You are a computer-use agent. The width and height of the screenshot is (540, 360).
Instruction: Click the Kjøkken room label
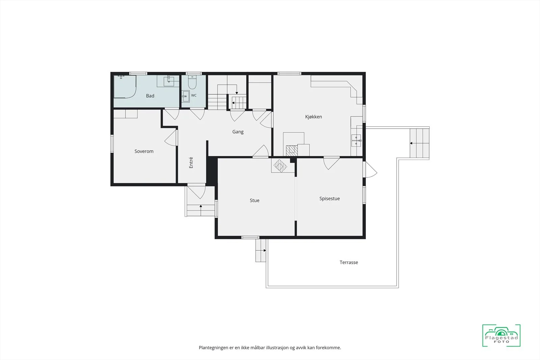point(314,117)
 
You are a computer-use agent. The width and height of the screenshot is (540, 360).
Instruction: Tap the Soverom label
point(144,151)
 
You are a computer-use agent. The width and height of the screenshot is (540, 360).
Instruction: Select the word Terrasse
point(349,262)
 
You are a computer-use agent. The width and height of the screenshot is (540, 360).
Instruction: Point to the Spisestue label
point(329,198)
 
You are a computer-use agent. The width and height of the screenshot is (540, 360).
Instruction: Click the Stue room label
point(254,200)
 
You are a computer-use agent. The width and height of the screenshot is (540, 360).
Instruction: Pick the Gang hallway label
point(238,132)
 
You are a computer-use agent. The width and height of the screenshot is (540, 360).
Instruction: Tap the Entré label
point(191,162)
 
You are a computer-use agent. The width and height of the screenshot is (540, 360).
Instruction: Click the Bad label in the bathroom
point(150,96)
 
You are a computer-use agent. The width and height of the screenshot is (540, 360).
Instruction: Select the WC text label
point(194,95)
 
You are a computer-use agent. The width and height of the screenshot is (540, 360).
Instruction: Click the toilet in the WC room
point(192,82)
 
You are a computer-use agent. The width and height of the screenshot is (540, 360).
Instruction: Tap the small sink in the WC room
point(186,96)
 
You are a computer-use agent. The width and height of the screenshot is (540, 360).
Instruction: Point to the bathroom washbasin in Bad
point(169,81)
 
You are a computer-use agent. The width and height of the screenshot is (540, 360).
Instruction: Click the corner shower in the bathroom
point(125,87)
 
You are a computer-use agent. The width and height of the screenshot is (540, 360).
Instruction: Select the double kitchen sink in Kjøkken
point(356,140)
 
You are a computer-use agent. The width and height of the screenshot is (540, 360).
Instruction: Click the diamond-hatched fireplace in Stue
point(280,166)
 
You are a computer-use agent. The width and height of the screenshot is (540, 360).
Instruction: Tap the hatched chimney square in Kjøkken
point(292,150)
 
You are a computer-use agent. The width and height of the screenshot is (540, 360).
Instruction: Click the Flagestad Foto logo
point(501,335)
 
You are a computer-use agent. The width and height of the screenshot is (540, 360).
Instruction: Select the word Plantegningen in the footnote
point(213,348)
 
